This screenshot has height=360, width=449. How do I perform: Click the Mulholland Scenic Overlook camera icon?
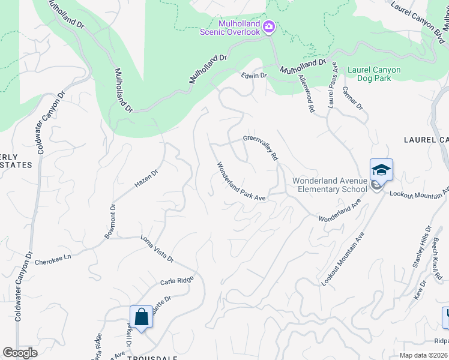[x=270, y=26]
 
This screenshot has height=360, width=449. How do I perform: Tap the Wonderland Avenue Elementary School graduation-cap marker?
[x=381, y=170]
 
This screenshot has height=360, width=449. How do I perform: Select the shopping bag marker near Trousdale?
[x=141, y=316]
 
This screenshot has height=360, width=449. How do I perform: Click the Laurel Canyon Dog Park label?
[x=373, y=74]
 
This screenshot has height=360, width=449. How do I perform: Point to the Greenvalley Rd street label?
[x=261, y=147]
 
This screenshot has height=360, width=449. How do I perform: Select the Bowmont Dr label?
[x=110, y=221]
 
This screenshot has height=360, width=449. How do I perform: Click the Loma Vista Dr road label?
[x=157, y=249]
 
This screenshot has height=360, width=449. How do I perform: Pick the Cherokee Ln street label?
[x=52, y=262]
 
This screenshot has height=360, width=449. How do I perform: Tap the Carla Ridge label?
[x=176, y=281]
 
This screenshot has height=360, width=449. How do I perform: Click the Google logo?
[x=20, y=353]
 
